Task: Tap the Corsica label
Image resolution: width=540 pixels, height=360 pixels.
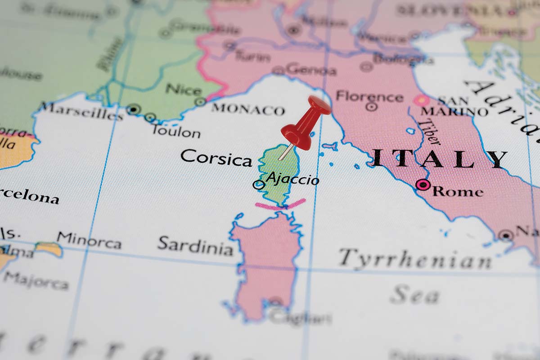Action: pos(216,158)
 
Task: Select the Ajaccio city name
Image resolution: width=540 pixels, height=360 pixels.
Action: pos(293,180)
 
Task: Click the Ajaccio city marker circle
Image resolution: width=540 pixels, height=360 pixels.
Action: pos(259,184)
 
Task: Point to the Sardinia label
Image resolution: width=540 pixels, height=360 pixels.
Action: pos(195,245)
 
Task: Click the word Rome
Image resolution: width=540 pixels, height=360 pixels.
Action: pos(458,191)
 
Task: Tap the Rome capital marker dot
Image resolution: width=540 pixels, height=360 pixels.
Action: pos(423,184)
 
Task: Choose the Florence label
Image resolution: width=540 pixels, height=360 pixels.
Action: pos(369,96)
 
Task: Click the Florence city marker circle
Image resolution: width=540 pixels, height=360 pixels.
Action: pos(371,107)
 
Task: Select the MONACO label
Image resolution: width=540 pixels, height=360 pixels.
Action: pos(248,109)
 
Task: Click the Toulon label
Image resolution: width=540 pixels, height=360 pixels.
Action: pos(176,132)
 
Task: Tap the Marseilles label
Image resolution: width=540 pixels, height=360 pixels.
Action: pos(81,111)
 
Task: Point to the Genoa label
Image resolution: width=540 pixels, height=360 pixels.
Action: pos(310,70)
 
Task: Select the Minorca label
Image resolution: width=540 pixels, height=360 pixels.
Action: pos(89,240)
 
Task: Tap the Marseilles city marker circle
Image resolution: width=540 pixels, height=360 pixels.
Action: pos(133,109)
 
